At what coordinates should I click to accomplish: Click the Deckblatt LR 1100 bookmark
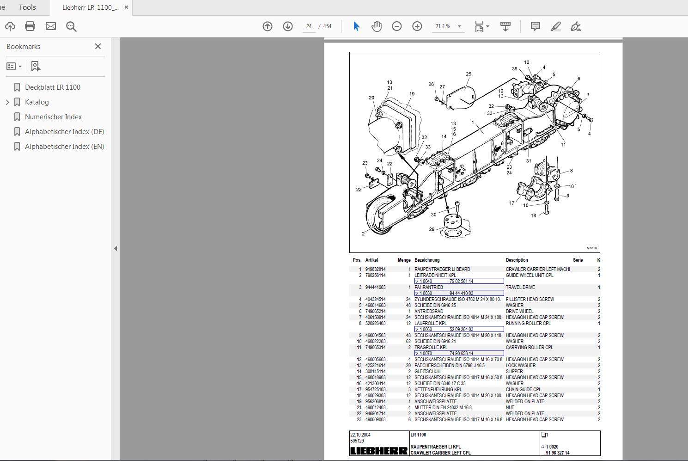point(52,87)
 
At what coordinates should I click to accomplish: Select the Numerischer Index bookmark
point(53,117)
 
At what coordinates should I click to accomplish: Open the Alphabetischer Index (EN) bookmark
point(64,146)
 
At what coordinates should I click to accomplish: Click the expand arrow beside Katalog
point(7,102)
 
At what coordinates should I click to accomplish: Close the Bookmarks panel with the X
point(97,46)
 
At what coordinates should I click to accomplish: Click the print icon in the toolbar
point(30,26)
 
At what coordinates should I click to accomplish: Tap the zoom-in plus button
point(417,26)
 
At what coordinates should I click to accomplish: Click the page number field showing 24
point(309,26)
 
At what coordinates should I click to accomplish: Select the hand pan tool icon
point(376,26)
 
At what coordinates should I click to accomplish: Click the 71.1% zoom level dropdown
point(448,26)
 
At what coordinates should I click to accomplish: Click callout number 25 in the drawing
point(468,74)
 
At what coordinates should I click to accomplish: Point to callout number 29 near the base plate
point(432,229)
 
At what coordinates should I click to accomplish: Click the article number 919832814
point(375,269)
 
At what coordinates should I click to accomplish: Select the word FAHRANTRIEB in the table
point(428,287)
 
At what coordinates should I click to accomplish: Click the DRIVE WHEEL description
point(519,311)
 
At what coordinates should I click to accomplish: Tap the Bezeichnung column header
point(426,260)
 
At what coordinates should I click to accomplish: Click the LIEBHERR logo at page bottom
point(379,451)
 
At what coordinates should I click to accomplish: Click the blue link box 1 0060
point(459,329)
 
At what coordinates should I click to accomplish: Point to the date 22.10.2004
point(360,435)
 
